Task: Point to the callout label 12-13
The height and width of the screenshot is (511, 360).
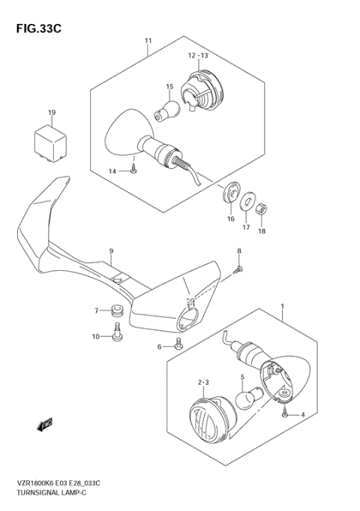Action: (x=199, y=55)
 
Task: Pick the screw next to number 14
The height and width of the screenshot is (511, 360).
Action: (x=133, y=171)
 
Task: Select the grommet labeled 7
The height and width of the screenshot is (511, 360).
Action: (x=116, y=310)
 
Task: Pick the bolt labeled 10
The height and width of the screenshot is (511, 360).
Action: (x=117, y=335)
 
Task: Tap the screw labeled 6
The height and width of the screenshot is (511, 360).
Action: (x=177, y=344)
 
